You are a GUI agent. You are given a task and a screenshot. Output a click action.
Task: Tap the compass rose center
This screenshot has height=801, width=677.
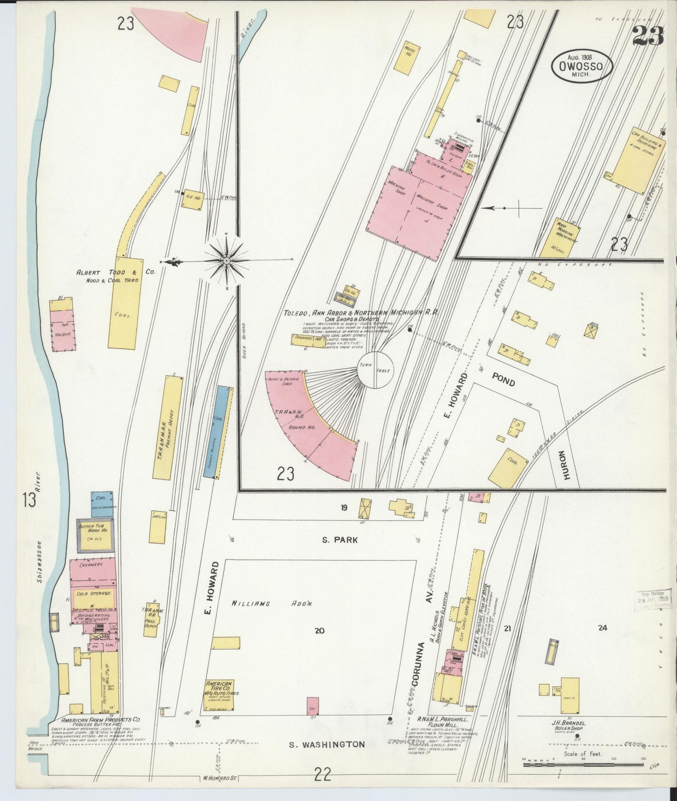pos(226,260)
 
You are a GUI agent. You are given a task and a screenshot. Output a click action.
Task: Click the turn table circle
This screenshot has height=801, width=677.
pos(376,370)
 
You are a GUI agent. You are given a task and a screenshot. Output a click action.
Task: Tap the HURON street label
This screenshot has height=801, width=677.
pos(566,465)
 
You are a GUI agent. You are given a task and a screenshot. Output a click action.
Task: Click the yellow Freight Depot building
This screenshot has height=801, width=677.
pos(167,427)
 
